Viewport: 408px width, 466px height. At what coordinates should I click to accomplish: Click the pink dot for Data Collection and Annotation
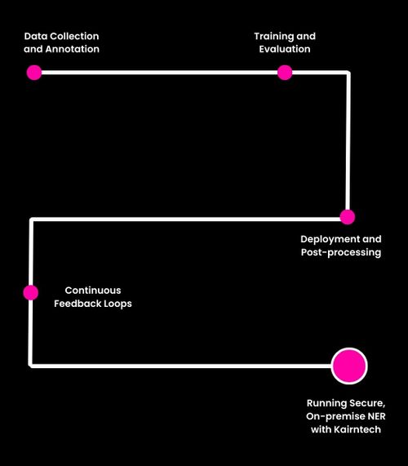coord(33,72)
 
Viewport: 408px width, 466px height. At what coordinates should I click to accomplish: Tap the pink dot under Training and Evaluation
coord(284,72)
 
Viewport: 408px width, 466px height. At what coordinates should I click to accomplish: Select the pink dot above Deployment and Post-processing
coord(347,217)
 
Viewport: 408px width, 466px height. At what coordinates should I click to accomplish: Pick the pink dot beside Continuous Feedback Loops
coord(31,292)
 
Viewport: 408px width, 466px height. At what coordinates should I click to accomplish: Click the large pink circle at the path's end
coord(349,365)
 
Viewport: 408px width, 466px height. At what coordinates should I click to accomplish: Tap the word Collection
coord(73,37)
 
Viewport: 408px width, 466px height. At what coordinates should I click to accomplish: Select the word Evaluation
coord(285,49)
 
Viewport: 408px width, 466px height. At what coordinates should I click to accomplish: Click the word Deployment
coord(327,239)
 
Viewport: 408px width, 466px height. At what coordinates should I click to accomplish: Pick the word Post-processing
coord(340,252)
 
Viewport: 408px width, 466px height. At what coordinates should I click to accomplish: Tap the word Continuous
coord(92,291)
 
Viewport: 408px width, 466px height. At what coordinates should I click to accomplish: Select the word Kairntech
coord(353,429)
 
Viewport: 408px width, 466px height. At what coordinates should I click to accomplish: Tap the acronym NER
coord(376,417)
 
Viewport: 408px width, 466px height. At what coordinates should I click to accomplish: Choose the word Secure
coord(367,404)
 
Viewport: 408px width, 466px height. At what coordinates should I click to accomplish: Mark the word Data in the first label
coord(35,37)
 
